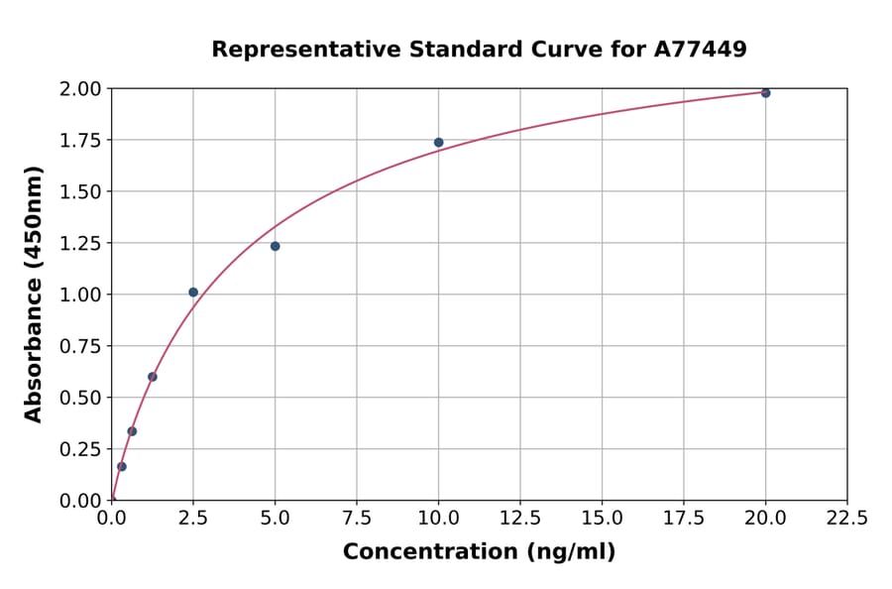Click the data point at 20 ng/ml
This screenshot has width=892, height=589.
tap(765, 93)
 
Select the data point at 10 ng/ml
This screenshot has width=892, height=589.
tap(438, 143)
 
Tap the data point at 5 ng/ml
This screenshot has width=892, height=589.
tap(275, 246)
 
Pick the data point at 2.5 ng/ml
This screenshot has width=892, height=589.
tap(193, 293)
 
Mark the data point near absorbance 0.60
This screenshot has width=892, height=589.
tap(153, 377)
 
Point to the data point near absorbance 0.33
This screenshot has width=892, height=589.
tap(132, 431)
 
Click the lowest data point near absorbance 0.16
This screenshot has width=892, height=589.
tap(122, 466)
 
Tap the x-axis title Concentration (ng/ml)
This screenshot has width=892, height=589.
tap(479, 552)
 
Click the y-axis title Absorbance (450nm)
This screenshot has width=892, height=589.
tap(34, 294)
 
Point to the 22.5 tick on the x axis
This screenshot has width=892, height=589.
tap(846, 518)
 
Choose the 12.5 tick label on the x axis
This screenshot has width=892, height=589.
tap(520, 518)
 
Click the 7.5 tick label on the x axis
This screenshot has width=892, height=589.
tap(357, 518)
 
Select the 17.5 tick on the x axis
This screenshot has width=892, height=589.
tap(684, 518)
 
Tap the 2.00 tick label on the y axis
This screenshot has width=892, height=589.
tap(79, 89)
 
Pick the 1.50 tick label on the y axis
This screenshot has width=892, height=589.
tap(79, 191)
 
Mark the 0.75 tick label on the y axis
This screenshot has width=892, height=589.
tap(79, 346)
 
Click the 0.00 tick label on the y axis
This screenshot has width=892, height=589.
tap(79, 501)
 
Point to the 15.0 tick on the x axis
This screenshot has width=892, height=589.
tap(602, 518)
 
